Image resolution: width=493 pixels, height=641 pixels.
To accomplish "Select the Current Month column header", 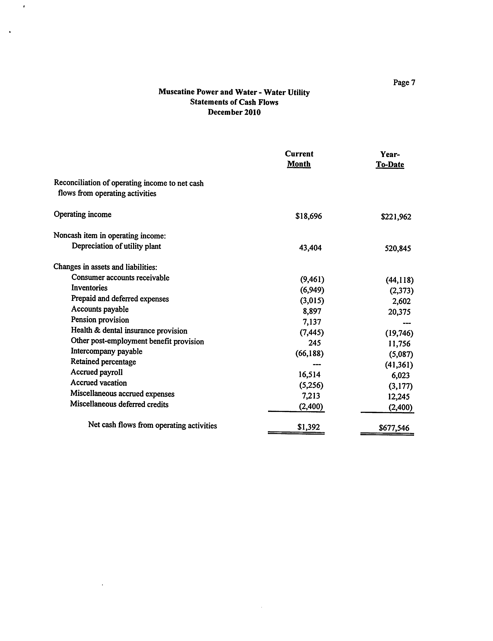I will [x=299, y=159].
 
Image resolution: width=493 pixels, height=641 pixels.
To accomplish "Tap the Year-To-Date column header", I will [x=390, y=159].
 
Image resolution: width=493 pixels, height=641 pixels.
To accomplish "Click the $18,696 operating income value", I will [x=309, y=216].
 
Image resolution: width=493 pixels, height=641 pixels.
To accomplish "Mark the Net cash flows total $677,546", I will [x=394, y=428].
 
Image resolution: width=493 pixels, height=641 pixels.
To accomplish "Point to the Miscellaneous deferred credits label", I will [x=119, y=404].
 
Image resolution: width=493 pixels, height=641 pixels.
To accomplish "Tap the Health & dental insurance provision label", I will [x=129, y=331].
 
